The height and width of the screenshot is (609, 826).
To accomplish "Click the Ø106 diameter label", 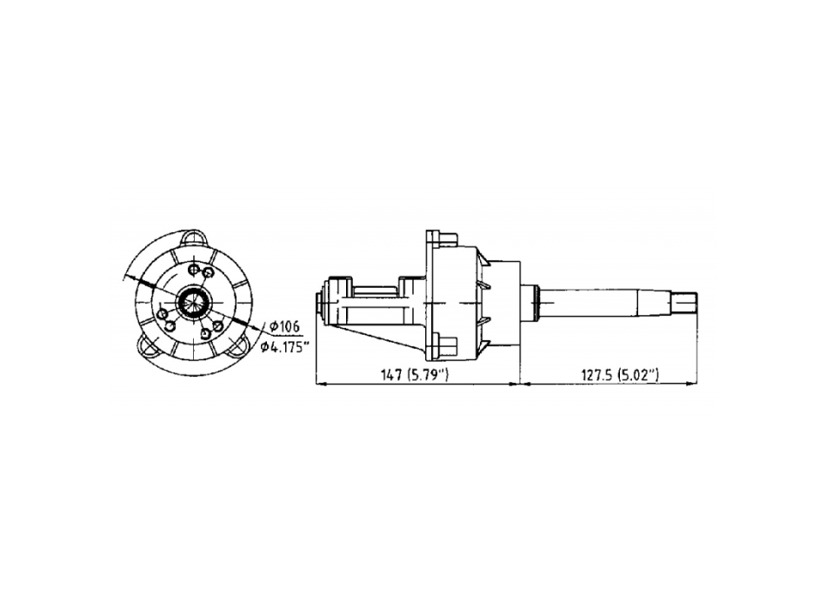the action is coord(284,327).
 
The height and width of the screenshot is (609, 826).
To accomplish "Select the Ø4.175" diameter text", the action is coord(283,347).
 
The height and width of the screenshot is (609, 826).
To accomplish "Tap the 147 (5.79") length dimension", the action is coord(414,375).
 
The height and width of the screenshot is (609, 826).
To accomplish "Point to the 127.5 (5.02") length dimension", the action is coord(619,375).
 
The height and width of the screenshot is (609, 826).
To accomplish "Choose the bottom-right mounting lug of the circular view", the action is coord(239,346).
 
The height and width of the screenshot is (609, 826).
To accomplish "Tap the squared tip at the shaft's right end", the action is coord(685,306).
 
